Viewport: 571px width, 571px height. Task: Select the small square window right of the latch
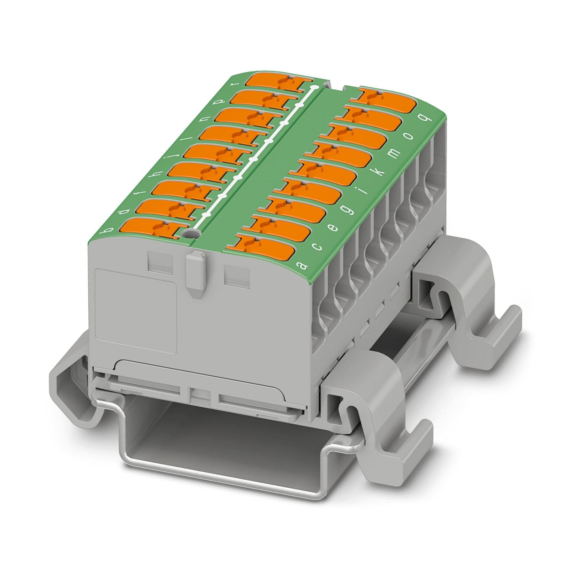pos(237,275)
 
